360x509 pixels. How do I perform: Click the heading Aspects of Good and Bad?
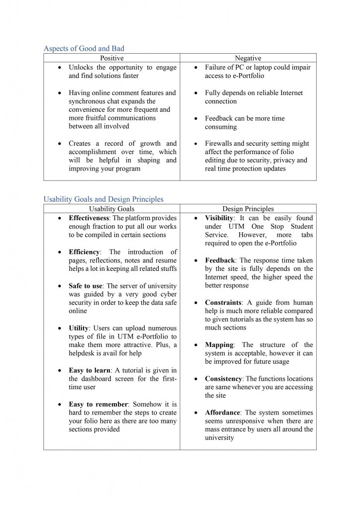tap(84, 49)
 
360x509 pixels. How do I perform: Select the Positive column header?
tap(111, 59)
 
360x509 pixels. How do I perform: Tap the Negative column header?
tap(248, 59)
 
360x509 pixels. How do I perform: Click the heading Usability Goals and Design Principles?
tap(103, 199)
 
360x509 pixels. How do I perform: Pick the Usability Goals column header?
tap(111, 209)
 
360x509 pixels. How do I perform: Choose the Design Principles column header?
tap(248, 209)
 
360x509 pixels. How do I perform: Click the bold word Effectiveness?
tap(90, 218)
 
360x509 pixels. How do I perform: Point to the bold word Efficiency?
tap(83, 252)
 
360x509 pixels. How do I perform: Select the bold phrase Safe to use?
tap(86, 286)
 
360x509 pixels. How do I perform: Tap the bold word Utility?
tap(79, 329)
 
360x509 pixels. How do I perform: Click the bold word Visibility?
tap(219, 218)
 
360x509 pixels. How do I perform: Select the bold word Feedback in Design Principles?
tap(220, 260)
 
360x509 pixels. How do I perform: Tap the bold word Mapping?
tap(219, 345)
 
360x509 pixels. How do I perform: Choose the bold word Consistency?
tap(223, 379)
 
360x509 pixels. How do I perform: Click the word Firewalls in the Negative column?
tap(219, 144)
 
